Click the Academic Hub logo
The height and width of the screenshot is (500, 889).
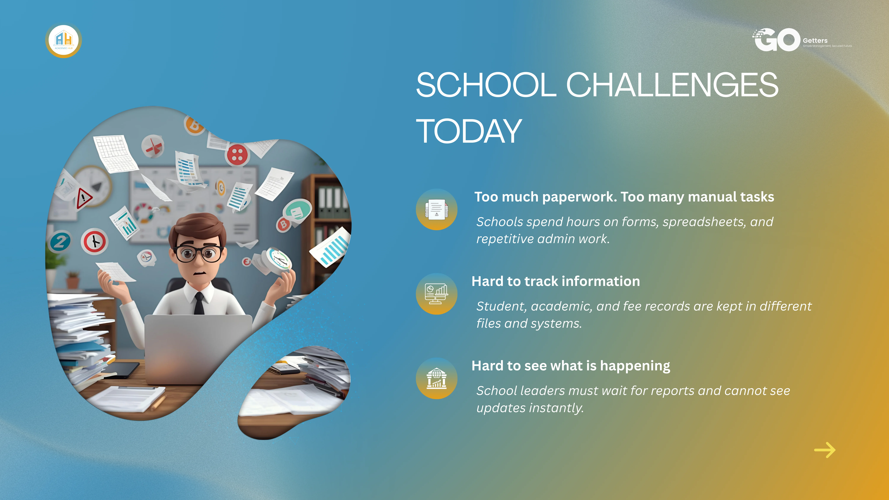[64, 40]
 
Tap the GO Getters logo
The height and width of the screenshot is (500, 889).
[802, 40]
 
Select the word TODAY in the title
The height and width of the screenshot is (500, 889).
[469, 131]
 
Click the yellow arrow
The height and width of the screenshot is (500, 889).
[825, 450]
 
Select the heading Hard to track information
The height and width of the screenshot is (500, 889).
[556, 281]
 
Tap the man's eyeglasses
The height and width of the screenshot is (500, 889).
[198, 253]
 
